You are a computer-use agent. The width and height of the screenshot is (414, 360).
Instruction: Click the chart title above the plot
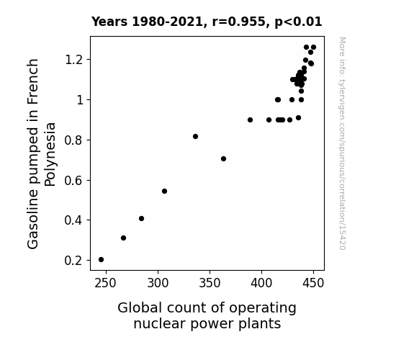pos(207,22)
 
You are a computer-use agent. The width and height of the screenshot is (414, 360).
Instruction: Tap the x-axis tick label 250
pos(106,284)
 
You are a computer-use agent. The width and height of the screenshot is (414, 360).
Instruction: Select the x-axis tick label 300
pos(158,284)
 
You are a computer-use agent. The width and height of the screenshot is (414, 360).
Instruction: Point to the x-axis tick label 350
pos(210,284)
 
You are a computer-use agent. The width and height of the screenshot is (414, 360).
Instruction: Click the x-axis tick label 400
pos(261,284)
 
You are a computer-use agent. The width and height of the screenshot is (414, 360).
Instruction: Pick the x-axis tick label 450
pos(313,284)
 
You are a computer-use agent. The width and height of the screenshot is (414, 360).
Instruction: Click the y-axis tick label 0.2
pos(73,261)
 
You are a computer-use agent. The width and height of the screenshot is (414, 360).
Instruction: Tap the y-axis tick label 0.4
pos(73,220)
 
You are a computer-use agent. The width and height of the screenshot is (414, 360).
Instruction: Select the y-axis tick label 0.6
pos(73,181)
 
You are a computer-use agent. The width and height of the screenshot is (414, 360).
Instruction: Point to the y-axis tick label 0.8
pos(73,140)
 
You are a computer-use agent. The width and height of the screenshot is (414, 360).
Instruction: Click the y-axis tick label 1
pos(79,100)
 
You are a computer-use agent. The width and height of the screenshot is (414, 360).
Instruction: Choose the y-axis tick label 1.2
pos(73,60)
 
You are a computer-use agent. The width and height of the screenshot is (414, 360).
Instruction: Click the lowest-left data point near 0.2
pos(101,260)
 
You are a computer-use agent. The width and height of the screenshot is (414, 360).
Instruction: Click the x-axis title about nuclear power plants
pos(207,315)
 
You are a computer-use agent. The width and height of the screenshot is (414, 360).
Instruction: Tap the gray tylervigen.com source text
pos(342,143)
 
